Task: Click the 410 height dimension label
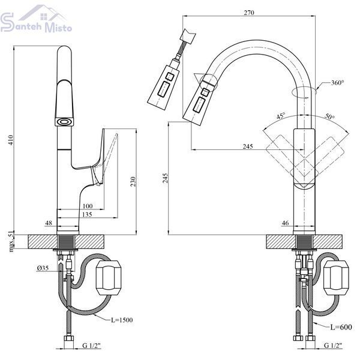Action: click(x=11, y=140)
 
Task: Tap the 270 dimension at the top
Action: click(x=249, y=13)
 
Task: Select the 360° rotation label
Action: click(x=337, y=83)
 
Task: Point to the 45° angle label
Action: click(x=281, y=116)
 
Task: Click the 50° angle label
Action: click(x=329, y=116)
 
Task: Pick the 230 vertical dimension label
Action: click(x=133, y=181)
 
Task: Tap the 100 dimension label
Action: click(x=88, y=206)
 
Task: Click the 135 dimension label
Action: click(x=87, y=214)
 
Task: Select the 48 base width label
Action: click(x=49, y=223)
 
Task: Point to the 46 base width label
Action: click(x=285, y=223)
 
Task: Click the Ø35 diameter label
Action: click(x=43, y=268)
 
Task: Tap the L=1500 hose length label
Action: click(x=122, y=320)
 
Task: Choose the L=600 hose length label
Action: click(x=341, y=327)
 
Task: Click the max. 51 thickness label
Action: click(x=11, y=242)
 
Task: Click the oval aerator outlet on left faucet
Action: click(x=64, y=121)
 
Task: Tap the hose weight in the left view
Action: click(x=108, y=278)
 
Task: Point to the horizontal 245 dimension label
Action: click(x=248, y=146)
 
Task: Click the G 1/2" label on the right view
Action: click(x=333, y=345)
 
